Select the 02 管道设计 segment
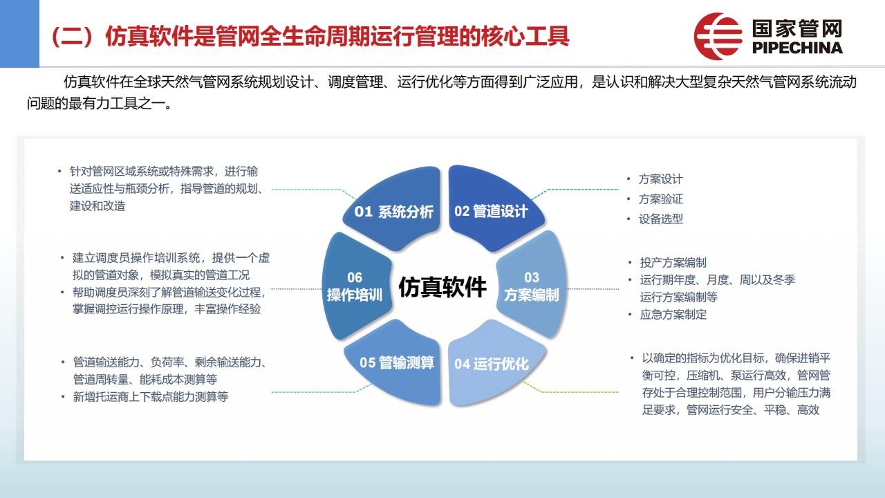coord(494,210)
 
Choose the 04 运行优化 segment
coord(494,364)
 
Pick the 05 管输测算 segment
coord(395,364)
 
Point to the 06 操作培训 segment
coord(355,286)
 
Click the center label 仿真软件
coord(442,286)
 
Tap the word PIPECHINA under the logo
coord(797,48)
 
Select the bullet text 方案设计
coord(660,179)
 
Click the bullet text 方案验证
coord(660,199)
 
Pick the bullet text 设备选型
coord(660,219)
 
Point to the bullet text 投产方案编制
coord(673,262)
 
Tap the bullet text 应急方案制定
coord(673,315)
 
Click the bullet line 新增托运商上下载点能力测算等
coord(151,396)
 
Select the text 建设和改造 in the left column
coord(97,206)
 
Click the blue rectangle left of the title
coord(20,34)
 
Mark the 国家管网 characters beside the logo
coord(797,29)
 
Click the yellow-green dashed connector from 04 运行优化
coord(570,389)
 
